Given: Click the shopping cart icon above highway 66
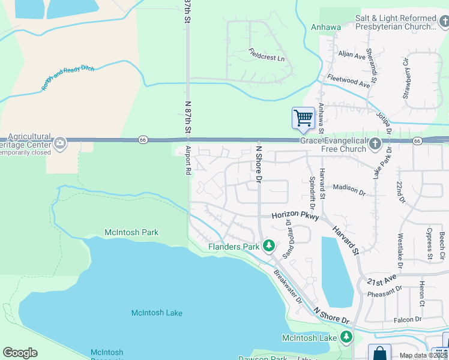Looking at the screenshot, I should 303,118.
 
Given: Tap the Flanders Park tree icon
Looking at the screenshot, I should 270,246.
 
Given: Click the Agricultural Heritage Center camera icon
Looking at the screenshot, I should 59,143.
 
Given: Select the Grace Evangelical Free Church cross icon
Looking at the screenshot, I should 375,143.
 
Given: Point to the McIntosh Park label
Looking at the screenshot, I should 131,232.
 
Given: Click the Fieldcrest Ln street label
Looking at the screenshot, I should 267,56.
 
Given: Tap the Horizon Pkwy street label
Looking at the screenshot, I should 294,215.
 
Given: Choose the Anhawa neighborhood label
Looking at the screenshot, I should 326,26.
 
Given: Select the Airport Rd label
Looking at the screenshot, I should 188,160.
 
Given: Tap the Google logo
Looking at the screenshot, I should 20,353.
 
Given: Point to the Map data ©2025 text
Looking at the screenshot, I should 424,355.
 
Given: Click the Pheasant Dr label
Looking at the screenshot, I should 385,292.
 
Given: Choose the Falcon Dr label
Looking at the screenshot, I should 408,320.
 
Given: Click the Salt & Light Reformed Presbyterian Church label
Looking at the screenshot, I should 396,23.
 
